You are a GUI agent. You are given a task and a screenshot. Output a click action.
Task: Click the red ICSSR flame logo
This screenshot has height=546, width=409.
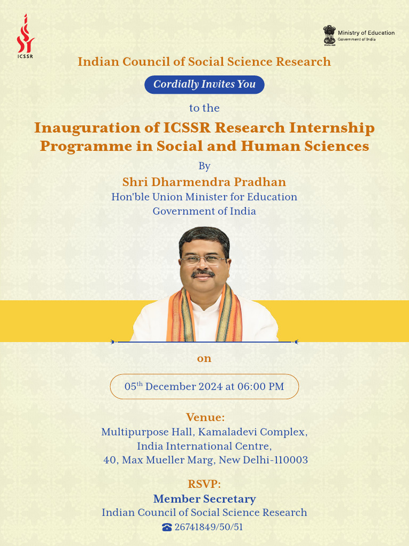25,35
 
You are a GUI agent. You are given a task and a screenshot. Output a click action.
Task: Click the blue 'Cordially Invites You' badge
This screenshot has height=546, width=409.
204,84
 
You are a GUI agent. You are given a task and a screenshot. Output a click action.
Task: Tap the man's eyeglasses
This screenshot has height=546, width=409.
203,260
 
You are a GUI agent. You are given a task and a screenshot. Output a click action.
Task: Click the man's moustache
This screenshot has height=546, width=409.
203,274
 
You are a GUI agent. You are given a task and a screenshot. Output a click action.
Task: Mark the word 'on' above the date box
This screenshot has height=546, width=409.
204,358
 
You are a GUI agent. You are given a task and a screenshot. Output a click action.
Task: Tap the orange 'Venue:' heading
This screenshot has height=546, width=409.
205,417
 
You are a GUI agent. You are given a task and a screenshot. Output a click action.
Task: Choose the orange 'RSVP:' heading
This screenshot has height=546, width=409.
204,484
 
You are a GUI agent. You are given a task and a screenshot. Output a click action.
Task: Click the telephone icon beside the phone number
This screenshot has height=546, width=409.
167,527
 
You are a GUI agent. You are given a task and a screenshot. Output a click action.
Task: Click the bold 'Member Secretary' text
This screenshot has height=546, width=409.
204,499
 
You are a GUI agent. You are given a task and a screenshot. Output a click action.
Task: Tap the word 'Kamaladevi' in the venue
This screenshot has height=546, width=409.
226,431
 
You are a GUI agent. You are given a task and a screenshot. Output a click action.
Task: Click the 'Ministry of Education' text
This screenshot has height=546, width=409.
366,33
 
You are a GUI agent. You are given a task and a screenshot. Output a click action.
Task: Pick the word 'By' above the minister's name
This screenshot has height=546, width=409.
204,166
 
